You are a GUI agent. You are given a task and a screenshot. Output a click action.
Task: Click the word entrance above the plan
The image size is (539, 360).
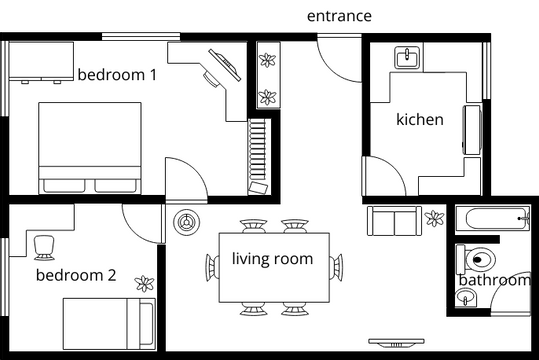339,16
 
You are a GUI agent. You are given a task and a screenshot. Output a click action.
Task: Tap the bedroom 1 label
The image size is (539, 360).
117,74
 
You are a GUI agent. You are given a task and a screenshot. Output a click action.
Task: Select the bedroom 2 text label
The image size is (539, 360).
76,275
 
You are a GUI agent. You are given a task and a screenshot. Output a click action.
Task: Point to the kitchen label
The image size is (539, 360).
420,119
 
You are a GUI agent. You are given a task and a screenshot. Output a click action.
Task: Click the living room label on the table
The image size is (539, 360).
272,259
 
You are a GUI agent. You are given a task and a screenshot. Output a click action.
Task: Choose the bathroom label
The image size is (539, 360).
494,280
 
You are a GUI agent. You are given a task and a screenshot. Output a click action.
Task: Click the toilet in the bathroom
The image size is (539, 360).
478,258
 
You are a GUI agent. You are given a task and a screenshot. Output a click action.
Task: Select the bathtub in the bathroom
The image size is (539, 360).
493,217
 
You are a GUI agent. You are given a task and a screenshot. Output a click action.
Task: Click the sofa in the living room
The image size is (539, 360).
394,221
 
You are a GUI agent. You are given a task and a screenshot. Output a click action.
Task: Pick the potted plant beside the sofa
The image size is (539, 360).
434,219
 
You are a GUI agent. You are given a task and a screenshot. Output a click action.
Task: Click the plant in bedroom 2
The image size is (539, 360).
146,283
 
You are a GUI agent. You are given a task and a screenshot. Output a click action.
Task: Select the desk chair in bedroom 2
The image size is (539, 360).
44,243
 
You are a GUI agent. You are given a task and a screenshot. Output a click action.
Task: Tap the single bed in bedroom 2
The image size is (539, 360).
108,324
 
